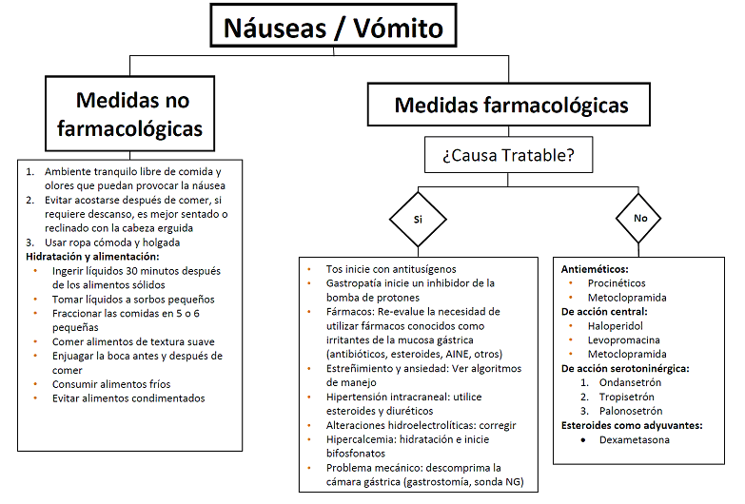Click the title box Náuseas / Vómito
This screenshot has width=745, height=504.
333,27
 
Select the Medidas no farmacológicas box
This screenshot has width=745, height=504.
132,113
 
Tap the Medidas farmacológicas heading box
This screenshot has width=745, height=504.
510,105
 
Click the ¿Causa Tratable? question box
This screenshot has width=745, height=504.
508,155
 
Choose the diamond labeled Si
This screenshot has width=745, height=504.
417,219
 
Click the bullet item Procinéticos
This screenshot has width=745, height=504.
616,282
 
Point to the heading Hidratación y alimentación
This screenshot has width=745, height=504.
93,256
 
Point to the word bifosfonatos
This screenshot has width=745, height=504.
359,454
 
